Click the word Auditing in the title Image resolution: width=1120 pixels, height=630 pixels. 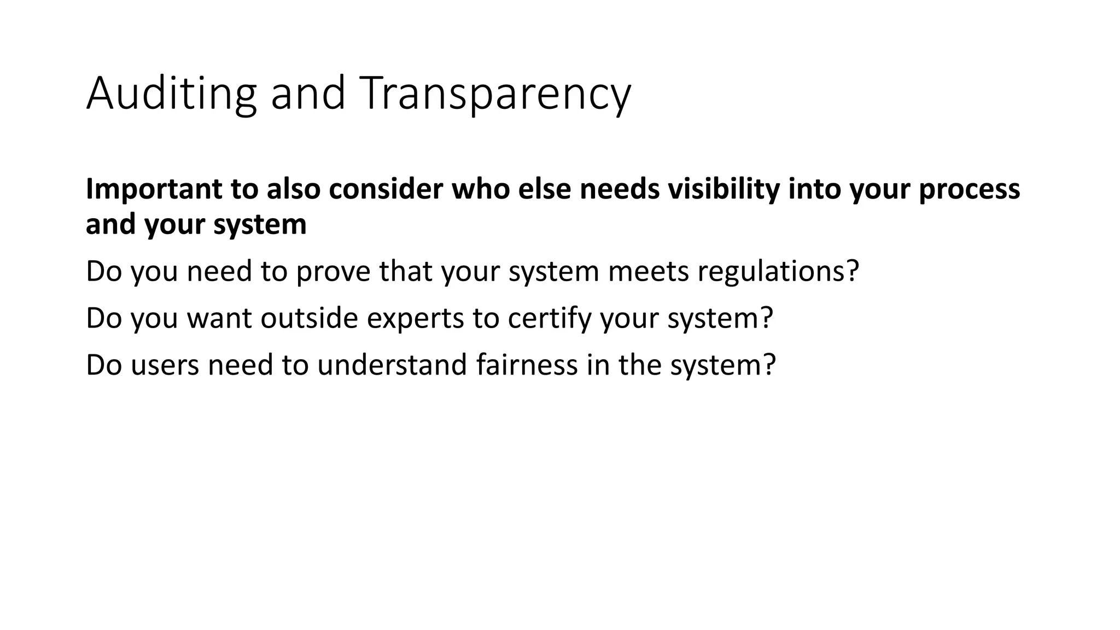[171, 94]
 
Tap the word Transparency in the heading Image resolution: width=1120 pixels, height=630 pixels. [495, 94]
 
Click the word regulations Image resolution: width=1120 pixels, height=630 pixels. [772, 271]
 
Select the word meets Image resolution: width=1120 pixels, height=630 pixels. [648, 271]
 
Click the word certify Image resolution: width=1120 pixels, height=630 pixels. [550, 318]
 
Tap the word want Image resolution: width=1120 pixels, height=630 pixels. [219, 318]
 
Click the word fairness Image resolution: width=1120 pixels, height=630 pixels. [527, 365]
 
